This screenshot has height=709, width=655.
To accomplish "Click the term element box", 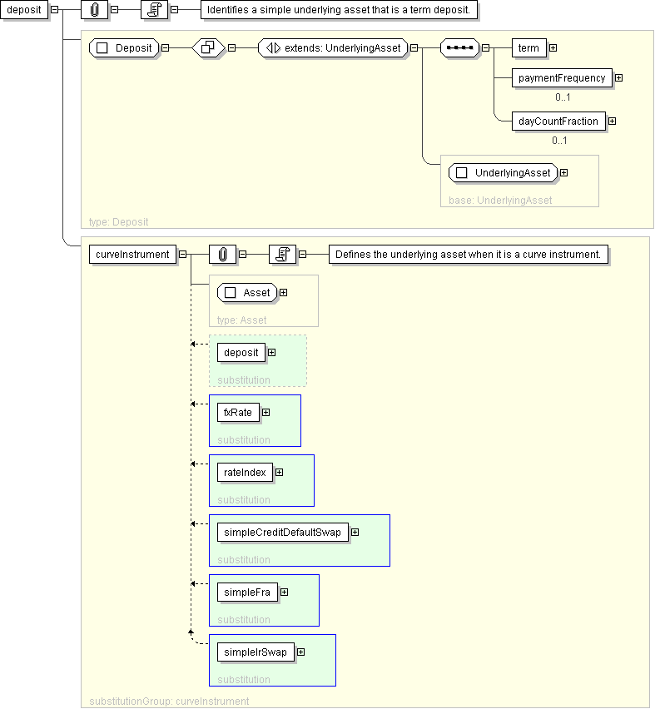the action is coord(528,48).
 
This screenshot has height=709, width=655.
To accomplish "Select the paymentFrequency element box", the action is coord(562,77).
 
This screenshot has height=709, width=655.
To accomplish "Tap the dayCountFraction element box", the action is coord(558,121).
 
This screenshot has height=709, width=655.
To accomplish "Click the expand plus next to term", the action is coord(553,48).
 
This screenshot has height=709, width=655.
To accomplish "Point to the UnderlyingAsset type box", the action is coord(503,173).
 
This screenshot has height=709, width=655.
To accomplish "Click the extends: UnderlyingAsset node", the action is coord(333,48).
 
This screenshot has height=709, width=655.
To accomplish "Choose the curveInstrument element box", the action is coord(132,255).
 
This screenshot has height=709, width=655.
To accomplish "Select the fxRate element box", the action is coord(238,413).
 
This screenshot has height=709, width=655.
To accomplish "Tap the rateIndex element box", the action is coord(245,473).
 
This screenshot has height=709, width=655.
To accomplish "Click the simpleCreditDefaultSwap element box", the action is coord(283,533).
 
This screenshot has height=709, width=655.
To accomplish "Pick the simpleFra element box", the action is coord(247,592).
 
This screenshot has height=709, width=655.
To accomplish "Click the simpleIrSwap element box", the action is coord(256,652).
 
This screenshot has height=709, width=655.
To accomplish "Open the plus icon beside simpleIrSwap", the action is coord(300,652).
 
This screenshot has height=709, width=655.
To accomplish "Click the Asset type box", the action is coord(247,293).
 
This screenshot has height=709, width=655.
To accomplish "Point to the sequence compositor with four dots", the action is coord(459,48).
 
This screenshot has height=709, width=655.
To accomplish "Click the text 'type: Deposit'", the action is coord(118,222).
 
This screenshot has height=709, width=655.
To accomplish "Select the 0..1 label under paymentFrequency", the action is coord(563,97).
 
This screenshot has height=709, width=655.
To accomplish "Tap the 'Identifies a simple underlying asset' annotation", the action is coord(339,10).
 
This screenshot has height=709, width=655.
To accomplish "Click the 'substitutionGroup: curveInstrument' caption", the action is coord(169,702).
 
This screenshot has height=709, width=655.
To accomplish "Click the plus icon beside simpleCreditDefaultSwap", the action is coord(355,533).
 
